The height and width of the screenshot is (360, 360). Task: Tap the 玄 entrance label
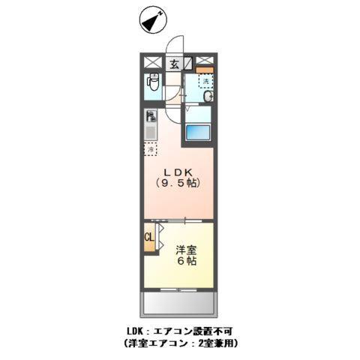(174, 64)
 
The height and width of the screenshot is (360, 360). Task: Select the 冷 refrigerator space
(150, 149)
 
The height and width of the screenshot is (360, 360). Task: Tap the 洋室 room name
(187, 249)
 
